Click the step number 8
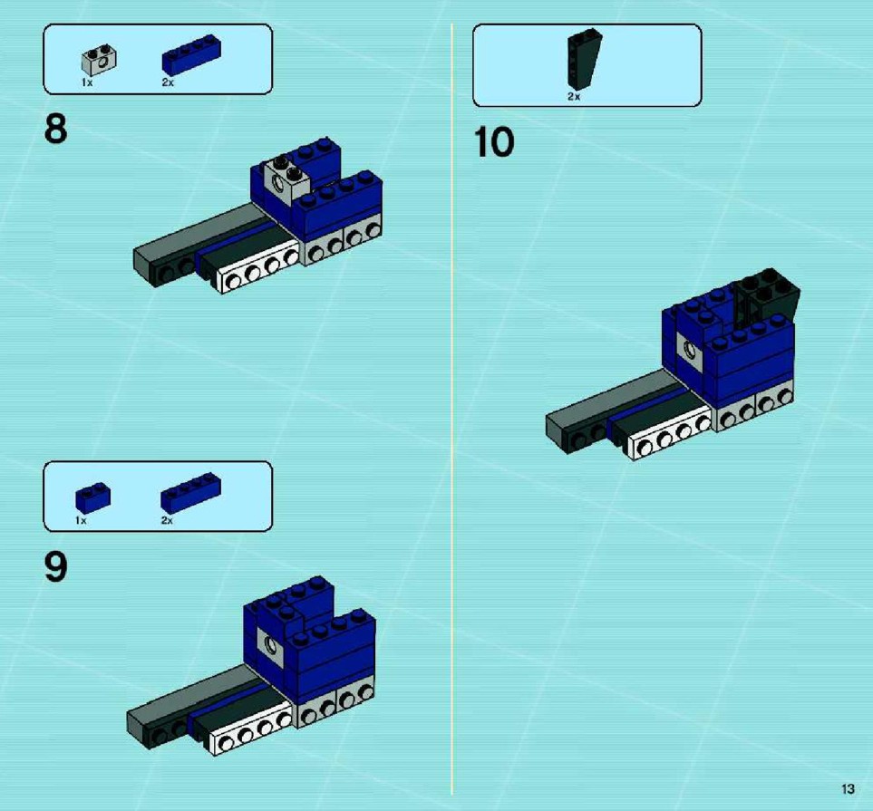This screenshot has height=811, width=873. [x=55, y=130]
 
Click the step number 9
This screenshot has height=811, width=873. [x=55, y=567]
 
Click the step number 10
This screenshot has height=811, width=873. [x=494, y=142]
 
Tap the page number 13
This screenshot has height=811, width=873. [x=848, y=788]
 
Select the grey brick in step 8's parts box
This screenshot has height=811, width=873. [x=99, y=62]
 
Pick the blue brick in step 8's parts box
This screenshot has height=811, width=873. [x=191, y=54]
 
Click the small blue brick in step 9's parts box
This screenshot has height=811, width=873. [x=93, y=497]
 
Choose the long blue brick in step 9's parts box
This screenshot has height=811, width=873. [x=191, y=493]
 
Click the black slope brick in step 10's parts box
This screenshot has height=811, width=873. [x=584, y=60]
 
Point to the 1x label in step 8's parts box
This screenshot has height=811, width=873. [x=87, y=83]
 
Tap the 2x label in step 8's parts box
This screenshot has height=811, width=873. [x=168, y=82]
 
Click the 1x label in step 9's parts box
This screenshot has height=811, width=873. [x=82, y=520]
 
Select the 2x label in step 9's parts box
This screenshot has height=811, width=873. [x=167, y=520]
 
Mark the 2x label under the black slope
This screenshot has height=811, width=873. [x=574, y=97]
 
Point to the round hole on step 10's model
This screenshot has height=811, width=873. [x=691, y=350]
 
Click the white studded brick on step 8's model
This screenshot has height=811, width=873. [x=258, y=266]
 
